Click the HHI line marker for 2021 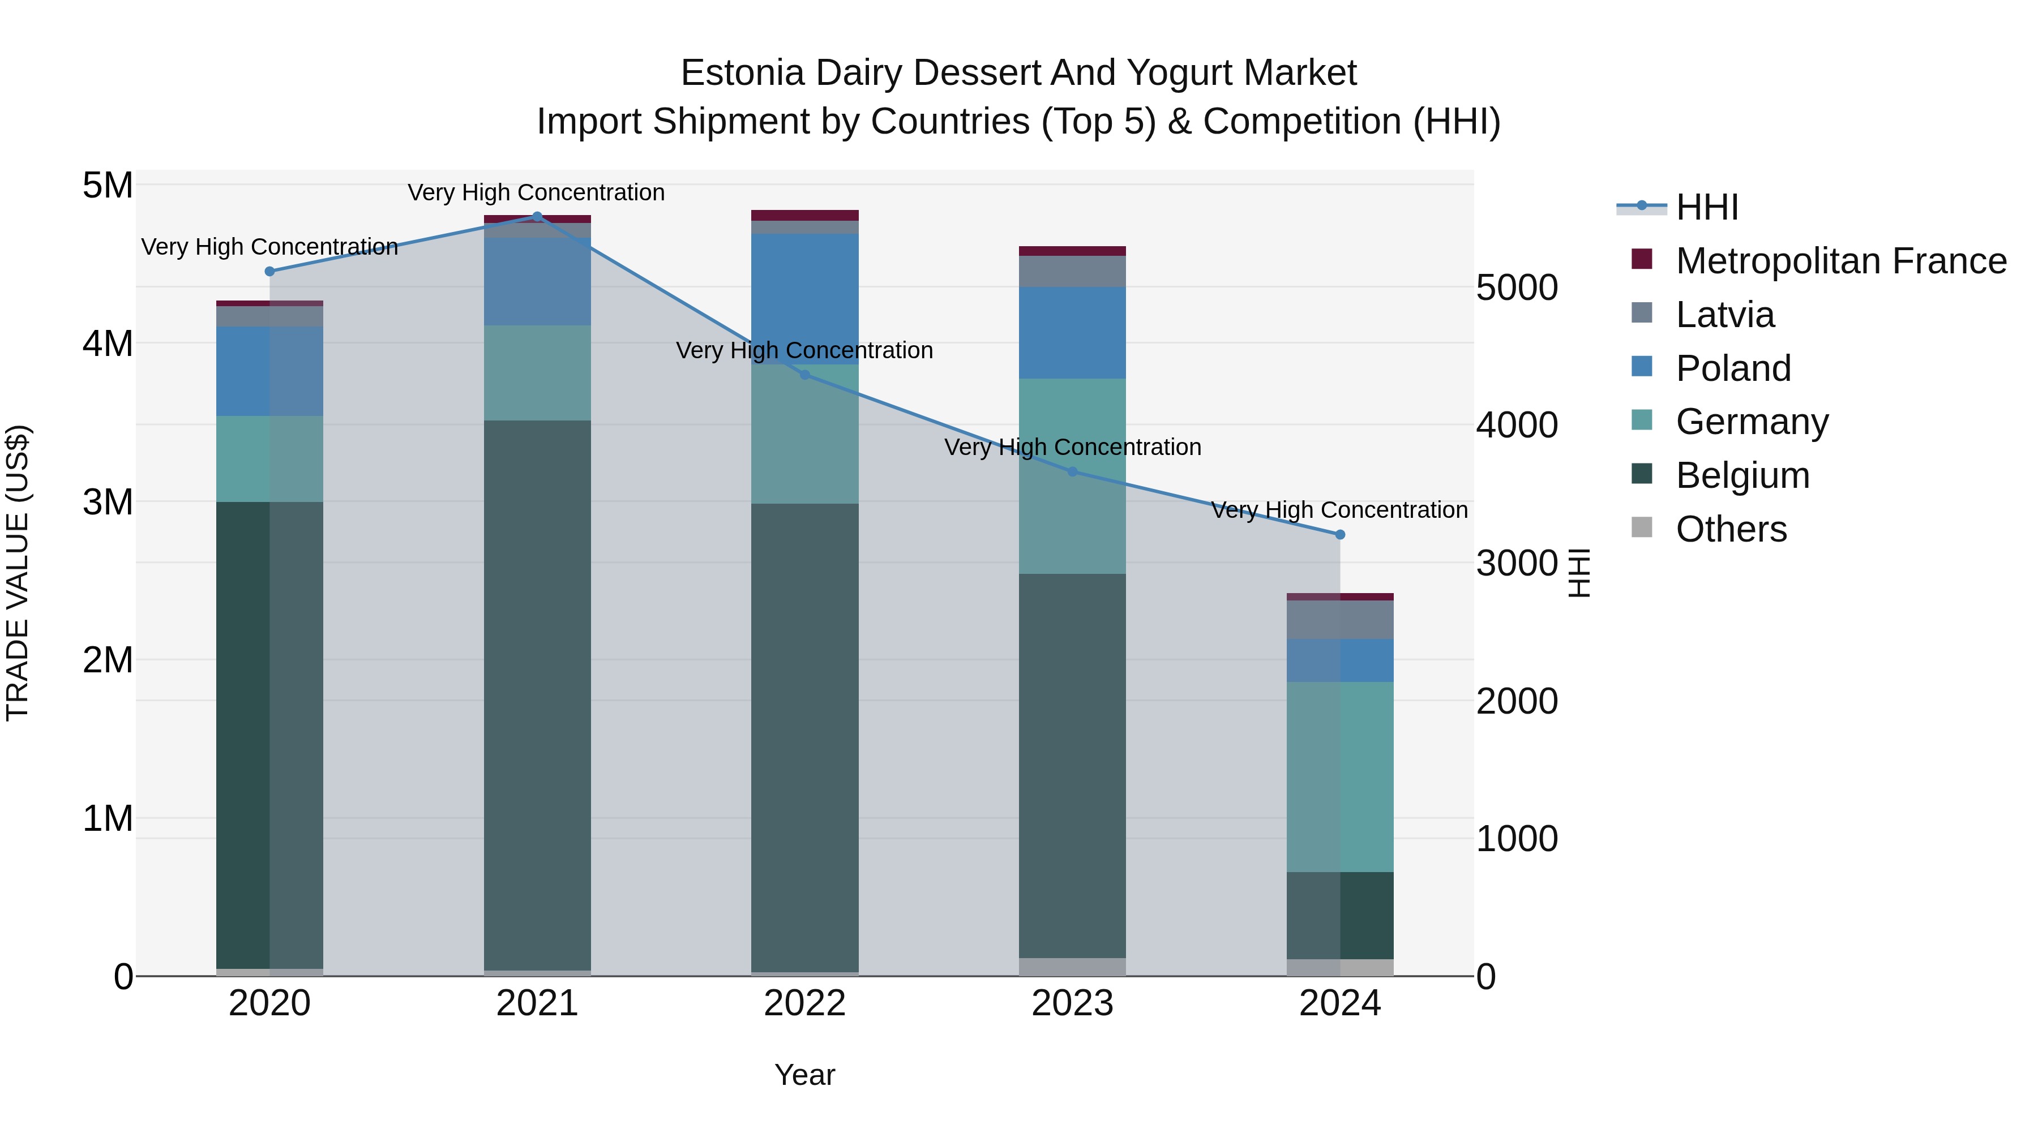537,216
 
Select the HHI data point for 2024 1339,535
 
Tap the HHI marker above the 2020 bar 270,271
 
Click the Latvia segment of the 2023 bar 1072,271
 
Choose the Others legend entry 1731,529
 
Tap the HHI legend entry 1706,207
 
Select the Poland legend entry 1733,368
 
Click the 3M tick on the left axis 108,501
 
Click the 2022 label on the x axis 804,1003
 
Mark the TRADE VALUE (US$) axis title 18,573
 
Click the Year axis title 804,1075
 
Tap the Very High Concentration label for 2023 1072,447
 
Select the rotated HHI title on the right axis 1578,573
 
